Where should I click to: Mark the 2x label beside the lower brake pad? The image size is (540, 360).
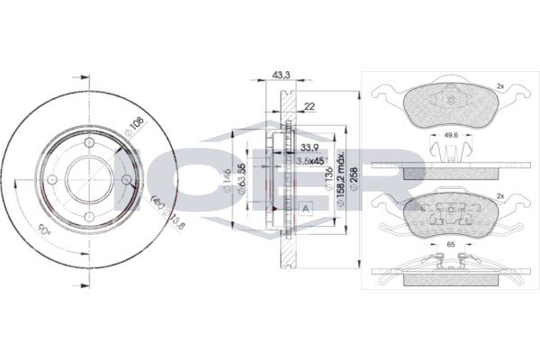click(499, 193)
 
